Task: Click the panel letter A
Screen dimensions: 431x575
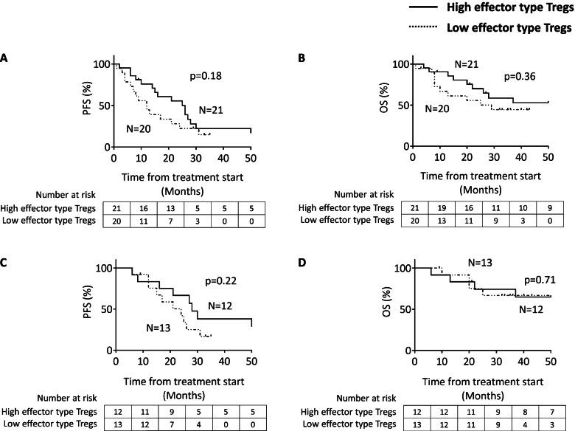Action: coord(6,57)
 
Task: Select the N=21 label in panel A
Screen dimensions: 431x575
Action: coord(214,110)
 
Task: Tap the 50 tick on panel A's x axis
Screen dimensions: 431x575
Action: coord(251,157)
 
